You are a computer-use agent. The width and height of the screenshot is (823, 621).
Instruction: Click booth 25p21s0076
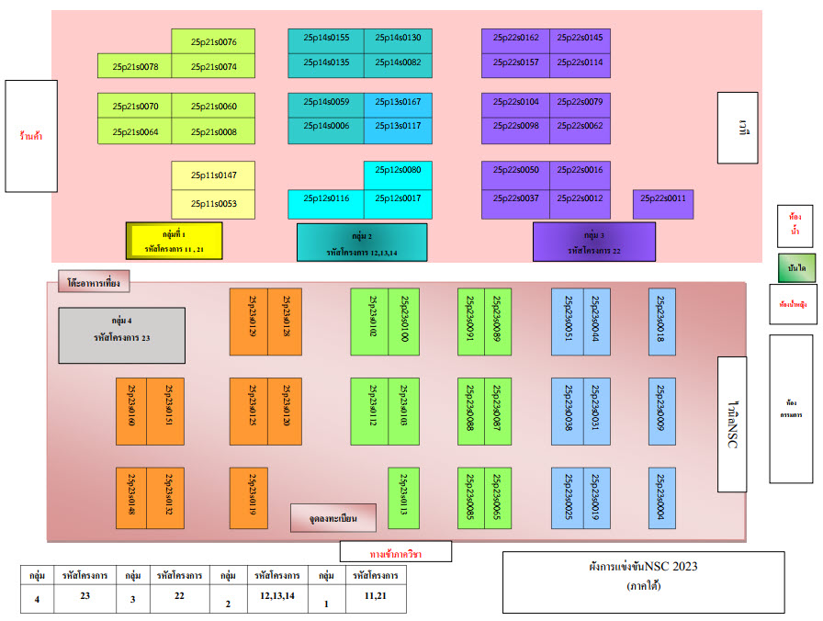213,41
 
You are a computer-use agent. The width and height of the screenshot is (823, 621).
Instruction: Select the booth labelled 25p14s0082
398,62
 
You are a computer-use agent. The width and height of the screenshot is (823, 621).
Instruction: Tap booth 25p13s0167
398,101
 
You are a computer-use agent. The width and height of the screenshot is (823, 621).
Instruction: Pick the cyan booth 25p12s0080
398,170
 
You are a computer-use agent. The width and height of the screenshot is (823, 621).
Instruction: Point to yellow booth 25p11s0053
213,203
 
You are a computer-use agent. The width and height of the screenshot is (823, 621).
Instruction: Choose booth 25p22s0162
515,38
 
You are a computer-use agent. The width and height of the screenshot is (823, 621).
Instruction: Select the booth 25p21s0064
135,132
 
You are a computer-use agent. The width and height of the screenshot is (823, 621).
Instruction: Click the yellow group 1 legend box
174,241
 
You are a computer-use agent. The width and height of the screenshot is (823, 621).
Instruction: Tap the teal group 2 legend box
362,243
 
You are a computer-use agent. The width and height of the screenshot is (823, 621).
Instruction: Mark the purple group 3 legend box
593,242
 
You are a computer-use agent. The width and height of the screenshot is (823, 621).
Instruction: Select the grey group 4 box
122,335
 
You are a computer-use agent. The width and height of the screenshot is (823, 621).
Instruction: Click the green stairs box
796,267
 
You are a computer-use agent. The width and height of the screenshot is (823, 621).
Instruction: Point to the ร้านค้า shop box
31,136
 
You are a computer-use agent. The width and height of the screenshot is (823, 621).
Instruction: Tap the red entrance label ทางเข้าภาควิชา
395,551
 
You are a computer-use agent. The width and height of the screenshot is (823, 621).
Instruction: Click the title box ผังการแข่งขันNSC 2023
643,581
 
